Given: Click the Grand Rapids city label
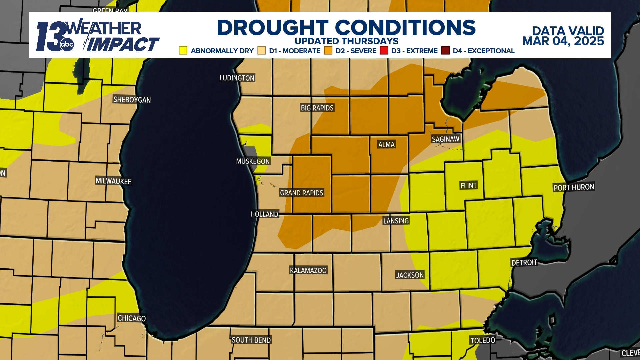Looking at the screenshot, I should [x=301, y=193].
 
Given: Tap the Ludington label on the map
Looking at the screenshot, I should [x=237, y=78].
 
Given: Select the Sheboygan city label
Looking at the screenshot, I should [x=132, y=100].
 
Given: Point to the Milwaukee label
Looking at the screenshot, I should [x=113, y=181].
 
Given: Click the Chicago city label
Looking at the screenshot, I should [x=132, y=318].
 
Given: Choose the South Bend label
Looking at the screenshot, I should [x=251, y=340].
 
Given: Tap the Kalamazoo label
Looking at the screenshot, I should [x=308, y=270].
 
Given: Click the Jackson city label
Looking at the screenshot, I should [x=410, y=275].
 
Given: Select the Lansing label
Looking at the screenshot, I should [x=396, y=221].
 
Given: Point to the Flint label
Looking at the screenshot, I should [x=468, y=185].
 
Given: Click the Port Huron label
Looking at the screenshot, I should [x=574, y=187].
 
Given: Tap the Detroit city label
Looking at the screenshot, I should [x=524, y=263].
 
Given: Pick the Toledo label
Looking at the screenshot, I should [x=482, y=340].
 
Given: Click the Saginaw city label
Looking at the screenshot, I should [x=445, y=139].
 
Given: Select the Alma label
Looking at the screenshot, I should [x=386, y=144].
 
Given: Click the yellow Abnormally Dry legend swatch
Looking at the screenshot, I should [x=183, y=50].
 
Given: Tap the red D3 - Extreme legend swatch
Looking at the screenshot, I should [x=384, y=50].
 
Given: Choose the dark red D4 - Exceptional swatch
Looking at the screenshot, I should [x=445, y=50].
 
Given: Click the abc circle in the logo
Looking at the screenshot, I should [x=67, y=44].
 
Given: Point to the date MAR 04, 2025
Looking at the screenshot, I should [x=563, y=41].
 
